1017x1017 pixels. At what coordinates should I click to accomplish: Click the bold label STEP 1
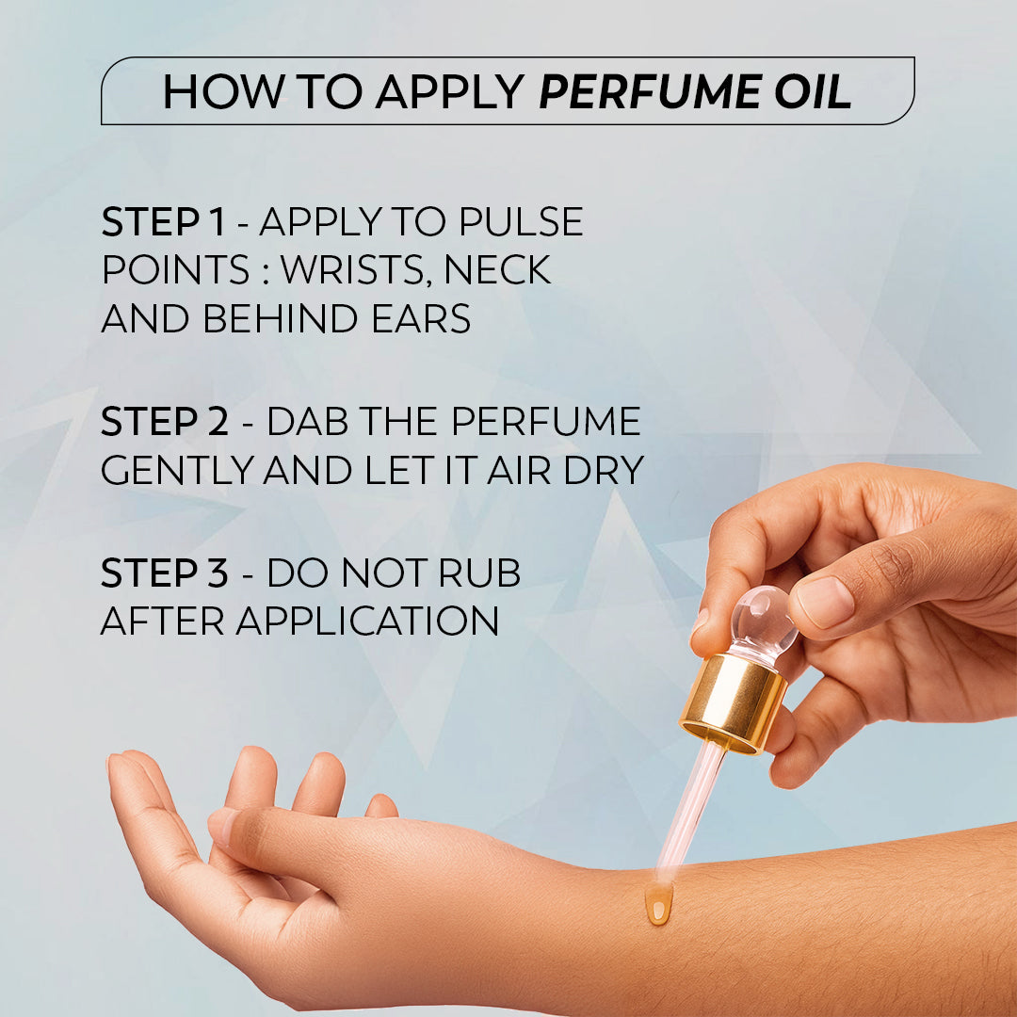pos(163,223)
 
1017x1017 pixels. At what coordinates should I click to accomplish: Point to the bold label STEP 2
pos(164,422)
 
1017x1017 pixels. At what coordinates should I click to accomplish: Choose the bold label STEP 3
pos(164,573)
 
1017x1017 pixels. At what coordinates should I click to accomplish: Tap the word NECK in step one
pos(497,271)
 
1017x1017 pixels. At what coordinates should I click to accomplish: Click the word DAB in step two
pos(305,422)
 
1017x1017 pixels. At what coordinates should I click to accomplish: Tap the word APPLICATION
pos(367,621)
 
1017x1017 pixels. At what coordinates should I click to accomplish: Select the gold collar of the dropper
pos(734,702)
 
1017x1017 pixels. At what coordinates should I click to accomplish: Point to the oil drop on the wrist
pos(658,905)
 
